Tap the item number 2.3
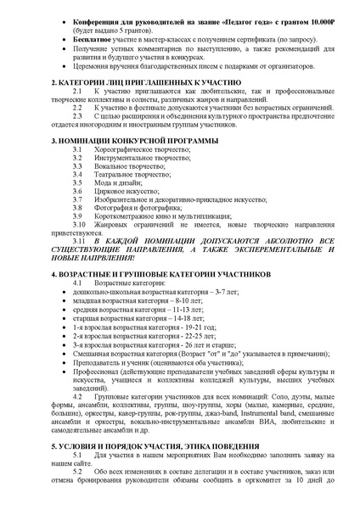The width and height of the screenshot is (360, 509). tap(77, 116)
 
